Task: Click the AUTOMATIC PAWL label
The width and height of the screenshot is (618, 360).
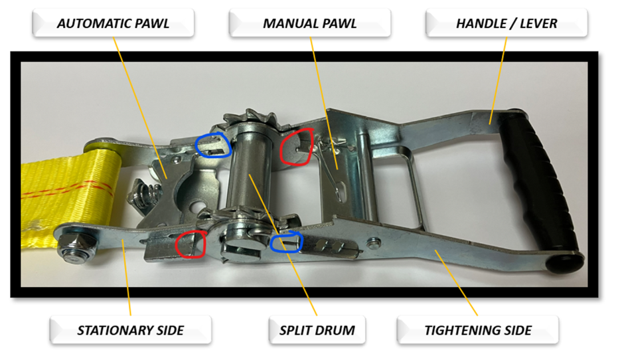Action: pyautogui.click(x=113, y=23)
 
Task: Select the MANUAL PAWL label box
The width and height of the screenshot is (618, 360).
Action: pyautogui.click(x=310, y=23)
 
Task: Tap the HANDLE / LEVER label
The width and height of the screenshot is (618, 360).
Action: pyautogui.click(x=506, y=23)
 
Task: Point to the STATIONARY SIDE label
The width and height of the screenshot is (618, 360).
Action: pyautogui.click(x=131, y=330)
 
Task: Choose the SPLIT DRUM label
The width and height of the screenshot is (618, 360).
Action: pyautogui.click(x=317, y=330)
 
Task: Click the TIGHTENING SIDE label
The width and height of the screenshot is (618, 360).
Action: pyautogui.click(x=478, y=330)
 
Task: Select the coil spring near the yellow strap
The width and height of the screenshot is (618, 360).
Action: pyautogui.click(x=146, y=193)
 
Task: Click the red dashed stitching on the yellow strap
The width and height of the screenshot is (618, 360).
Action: pyautogui.click(x=67, y=189)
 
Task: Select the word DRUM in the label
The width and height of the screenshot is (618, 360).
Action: pyautogui.click(x=336, y=330)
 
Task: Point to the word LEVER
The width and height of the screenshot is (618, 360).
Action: pyautogui.click(x=538, y=23)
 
